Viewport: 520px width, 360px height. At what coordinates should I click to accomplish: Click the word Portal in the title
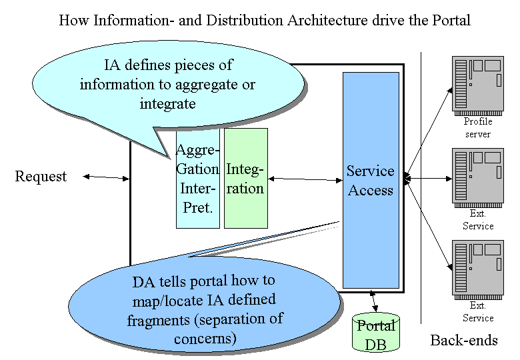coord(451,20)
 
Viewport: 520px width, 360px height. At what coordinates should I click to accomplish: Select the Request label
coord(41,177)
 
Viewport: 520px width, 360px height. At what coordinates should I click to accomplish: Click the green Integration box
coord(246,179)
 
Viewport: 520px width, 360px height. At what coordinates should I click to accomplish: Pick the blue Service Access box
coord(371,180)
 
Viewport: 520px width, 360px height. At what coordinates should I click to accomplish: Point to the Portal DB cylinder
coord(376,332)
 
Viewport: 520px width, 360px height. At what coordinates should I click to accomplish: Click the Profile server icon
coord(478,85)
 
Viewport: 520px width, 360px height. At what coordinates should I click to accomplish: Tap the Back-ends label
coord(464,341)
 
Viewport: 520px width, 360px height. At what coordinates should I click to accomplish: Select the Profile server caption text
coord(478,127)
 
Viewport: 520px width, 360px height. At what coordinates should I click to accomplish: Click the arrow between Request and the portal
coord(106,178)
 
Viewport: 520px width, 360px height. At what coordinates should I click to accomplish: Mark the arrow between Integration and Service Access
coord(305,179)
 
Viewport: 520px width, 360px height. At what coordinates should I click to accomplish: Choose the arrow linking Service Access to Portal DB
coord(373,301)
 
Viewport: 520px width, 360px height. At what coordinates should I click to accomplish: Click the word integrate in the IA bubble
coord(167,104)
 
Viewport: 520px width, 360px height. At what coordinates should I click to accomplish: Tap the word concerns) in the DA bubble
coord(205,339)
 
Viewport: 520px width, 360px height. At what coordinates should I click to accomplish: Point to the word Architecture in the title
coord(327,20)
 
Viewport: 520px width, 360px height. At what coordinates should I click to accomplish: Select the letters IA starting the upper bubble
coord(112,65)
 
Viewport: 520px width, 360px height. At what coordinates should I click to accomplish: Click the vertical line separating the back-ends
coord(421,187)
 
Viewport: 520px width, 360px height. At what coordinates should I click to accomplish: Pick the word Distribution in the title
coord(245,20)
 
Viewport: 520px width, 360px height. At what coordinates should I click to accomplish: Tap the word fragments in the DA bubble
coord(158,321)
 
